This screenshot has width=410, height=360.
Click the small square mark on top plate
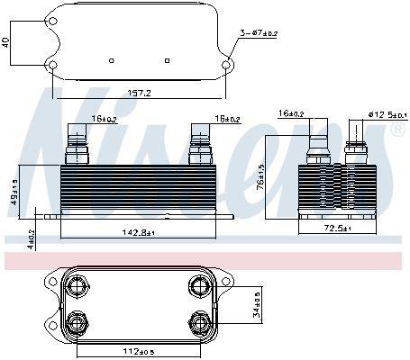(x=169, y=60)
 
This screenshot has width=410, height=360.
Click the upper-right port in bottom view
(x=198, y=287)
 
